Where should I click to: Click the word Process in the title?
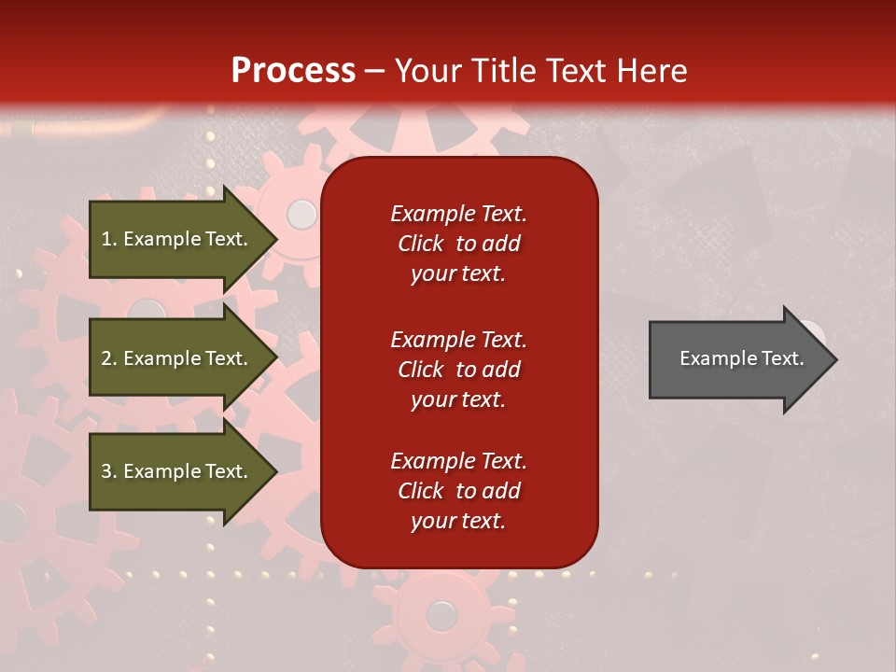(x=293, y=71)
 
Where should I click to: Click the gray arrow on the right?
(x=737, y=359)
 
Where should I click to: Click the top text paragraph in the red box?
(x=458, y=244)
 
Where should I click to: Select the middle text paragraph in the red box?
(x=458, y=370)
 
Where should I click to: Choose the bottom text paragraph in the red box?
(x=458, y=491)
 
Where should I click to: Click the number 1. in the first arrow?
(x=108, y=239)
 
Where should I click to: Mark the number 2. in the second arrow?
(x=108, y=358)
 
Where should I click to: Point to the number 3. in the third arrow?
(x=108, y=471)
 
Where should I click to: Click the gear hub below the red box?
(x=441, y=615)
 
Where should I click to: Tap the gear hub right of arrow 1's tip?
(x=301, y=215)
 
